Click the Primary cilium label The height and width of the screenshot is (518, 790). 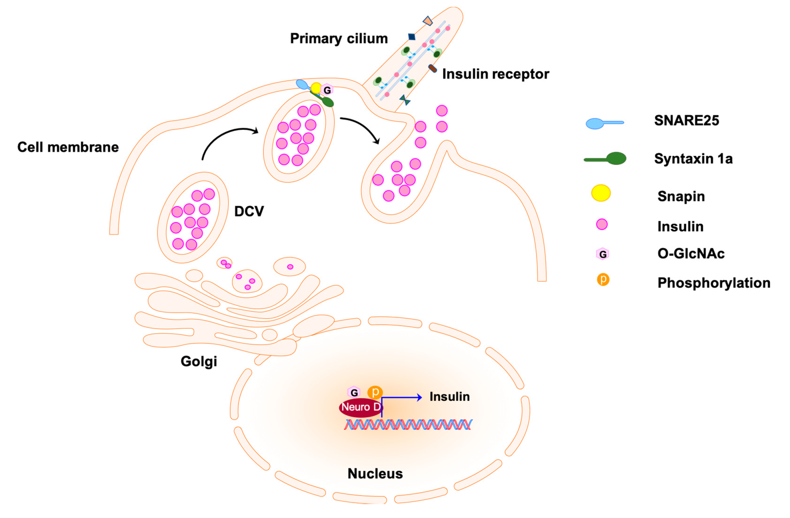[x=339, y=38]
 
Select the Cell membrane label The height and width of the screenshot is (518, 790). [x=68, y=147]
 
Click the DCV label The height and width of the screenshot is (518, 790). [x=249, y=211]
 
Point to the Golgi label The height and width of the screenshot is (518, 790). [x=198, y=361]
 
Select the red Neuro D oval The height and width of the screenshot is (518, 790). [x=360, y=407]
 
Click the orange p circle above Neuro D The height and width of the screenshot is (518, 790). [x=375, y=392]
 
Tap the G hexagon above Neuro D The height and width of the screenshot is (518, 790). [x=354, y=393]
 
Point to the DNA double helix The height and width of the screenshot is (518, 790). [x=408, y=425]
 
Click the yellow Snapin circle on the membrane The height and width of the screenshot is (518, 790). [x=316, y=88]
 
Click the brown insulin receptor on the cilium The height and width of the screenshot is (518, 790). [x=432, y=68]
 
